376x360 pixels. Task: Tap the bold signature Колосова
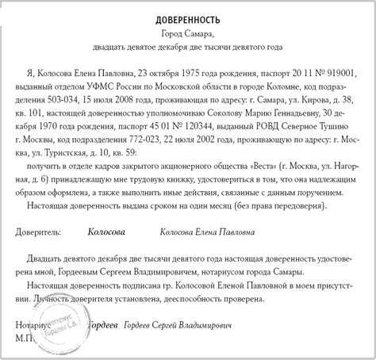tap(111, 233)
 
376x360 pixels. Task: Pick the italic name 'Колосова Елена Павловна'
tap(206, 233)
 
